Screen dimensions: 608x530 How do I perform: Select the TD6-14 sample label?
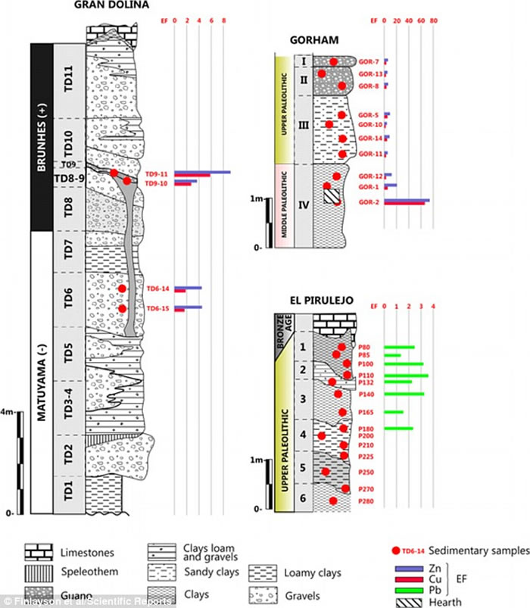(x=157, y=288)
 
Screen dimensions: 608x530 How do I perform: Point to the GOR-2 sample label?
(x=368, y=201)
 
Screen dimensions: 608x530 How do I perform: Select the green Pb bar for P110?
(x=407, y=376)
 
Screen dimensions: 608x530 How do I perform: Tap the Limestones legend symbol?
(x=37, y=553)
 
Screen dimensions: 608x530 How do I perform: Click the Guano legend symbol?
(x=37, y=592)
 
